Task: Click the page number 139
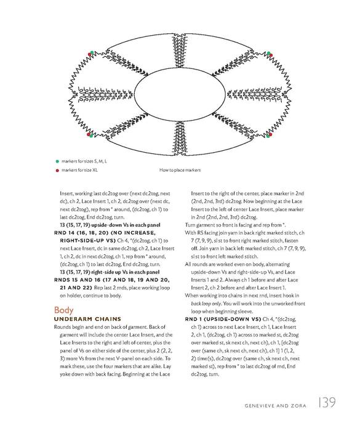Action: click(x=327, y=403)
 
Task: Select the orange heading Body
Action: click(x=64, y=310)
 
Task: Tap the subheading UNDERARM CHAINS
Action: click(x=87, y=319)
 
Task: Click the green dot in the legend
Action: click(x=57, y=161)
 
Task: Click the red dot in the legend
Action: click(x=57, y=171)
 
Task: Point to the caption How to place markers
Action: click(x=180, y=170)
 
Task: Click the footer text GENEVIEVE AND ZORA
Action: click(x=275, y=406)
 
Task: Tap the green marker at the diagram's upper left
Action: click(x=92, y=52)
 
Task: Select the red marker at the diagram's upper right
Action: click(x=271, y=55)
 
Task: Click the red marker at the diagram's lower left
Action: click(x=89, y=134)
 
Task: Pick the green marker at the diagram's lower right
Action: click(x=268, y=136)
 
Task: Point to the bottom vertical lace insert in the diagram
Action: click(x=180, y=139)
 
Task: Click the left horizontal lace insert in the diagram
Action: click(x=102, y=95)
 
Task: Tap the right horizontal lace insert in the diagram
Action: click(x=258, y=95)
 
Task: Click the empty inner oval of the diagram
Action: click(x=180, y=95)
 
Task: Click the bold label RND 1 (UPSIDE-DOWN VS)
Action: click(x=223, y=319)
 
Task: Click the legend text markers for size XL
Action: click(x=79, y=170)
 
